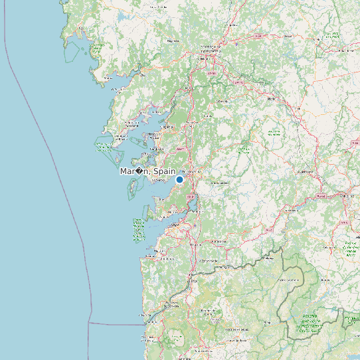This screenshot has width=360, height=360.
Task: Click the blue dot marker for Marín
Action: pyautogui.click(x=179, y=179)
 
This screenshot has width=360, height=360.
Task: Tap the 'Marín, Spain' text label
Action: pyautogui.click(x=147, y=171)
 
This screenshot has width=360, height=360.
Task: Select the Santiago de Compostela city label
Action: pyautogui.click(x=211, y=49)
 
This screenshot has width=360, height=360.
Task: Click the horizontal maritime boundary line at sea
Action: pyautogui.click(x=113, y=324)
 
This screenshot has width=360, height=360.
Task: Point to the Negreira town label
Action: pyautogui.click(x=174, y=41)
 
